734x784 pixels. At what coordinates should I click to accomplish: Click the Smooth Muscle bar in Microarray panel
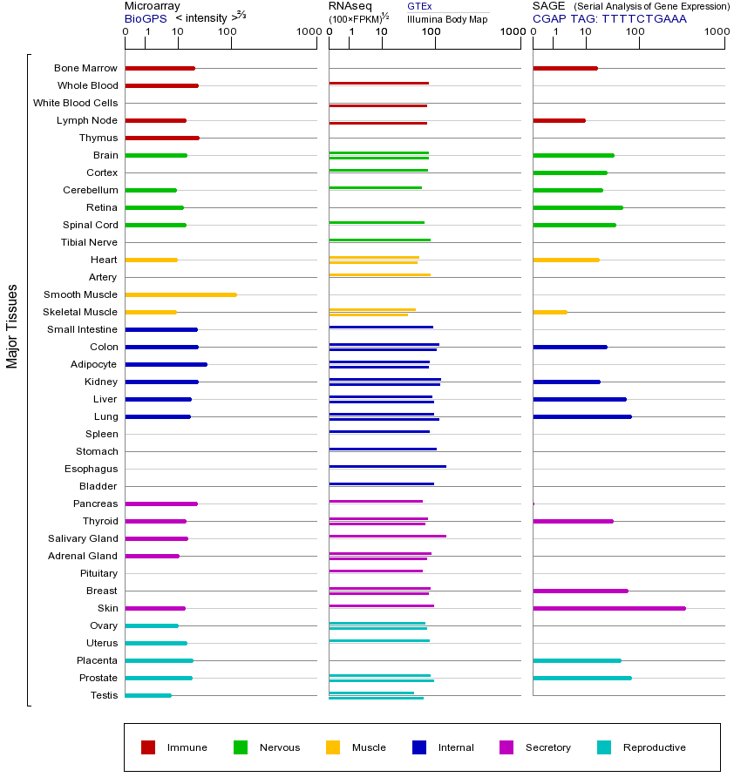pyautogui.click(x=180, y=294)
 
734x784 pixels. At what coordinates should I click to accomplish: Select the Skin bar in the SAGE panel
pyautogui.click(x=608, y=608)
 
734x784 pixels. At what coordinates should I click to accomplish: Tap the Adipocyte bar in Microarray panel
pyautogui.click(x=166, y=364)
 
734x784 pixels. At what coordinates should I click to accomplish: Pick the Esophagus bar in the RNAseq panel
pyautogui.click(x=387, y=467)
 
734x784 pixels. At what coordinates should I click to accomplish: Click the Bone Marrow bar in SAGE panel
pyautogui.click(x=565, y=68)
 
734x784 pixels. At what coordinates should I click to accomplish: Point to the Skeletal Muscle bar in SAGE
pyautogui.click(x=549, y=312)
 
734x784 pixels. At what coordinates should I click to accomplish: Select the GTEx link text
pyautogui.click(x=419, y=7)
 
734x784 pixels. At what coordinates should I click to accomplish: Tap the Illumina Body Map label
pyautogui.click(x=447, y=18)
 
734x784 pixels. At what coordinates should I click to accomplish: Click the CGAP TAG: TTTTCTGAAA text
pyautogui.click(x=609, y=18)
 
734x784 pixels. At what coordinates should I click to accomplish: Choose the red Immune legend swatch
pyautogui.click(x=148, y=747)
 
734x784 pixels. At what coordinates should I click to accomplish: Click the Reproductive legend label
pyautogui.click(x=654, y=747)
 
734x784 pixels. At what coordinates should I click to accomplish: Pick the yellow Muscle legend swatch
pyautogui.click(x=333, y=747)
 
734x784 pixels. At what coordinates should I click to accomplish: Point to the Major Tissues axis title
pyautogui.click(x=12, y=326)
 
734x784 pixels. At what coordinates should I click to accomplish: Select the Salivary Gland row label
pyautogui.click(x=83, y=538)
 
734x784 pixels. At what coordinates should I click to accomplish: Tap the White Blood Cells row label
pyautogui.click(x=75, y=103)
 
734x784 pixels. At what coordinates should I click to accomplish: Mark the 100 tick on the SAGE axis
pyautogui.click(x=635, y=32)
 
